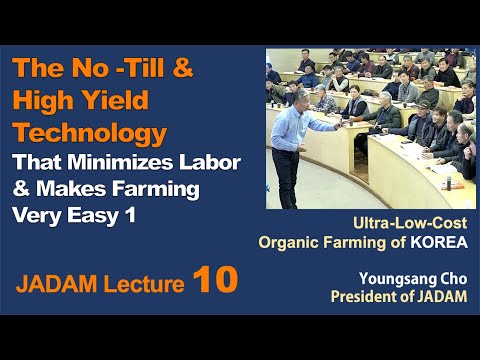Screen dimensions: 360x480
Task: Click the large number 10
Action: coord(217,280)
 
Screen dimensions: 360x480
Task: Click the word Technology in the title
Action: coord(90,133)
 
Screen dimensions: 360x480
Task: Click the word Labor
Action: coord(201,163)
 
